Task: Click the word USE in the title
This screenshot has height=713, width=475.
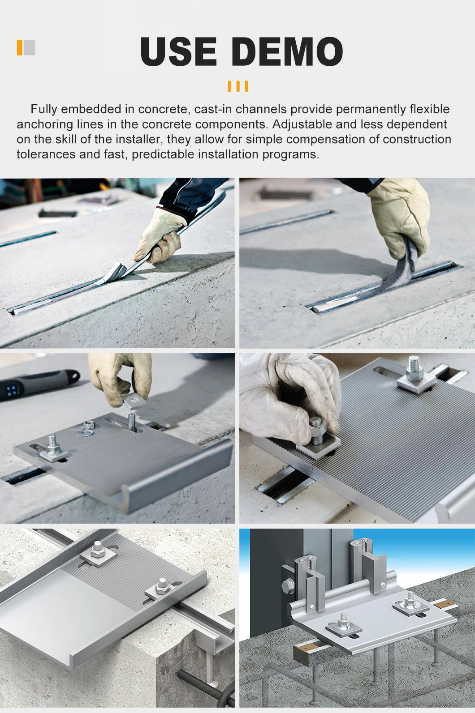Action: [178, 51]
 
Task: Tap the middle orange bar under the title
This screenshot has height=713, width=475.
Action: [238, 86]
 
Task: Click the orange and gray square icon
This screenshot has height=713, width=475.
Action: [26, 47]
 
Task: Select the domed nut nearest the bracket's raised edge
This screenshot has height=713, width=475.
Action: [162, 586]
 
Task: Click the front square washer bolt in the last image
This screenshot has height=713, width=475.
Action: [343, 623]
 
